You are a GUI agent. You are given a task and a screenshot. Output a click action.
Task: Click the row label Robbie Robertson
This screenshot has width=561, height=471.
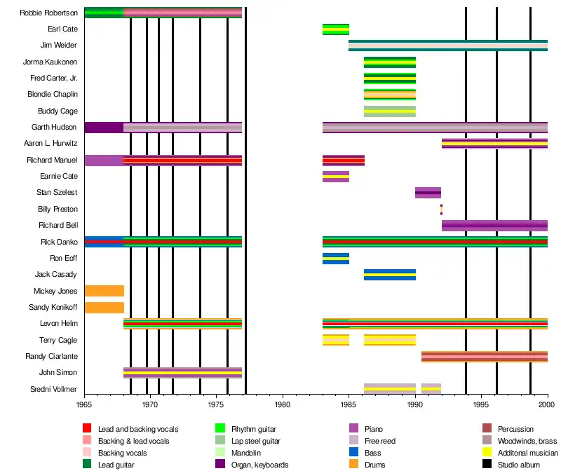[x=49, y=13]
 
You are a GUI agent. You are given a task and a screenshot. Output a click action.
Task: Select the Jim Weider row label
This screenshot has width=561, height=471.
[x=59, y=46]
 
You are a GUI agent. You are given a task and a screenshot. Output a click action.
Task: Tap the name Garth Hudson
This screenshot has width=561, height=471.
[x=55, y=128]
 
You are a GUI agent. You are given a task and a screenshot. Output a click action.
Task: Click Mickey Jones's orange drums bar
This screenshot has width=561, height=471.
[x=104, y=291]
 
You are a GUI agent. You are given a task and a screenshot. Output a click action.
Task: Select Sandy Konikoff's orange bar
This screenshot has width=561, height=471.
[x=104, y=307]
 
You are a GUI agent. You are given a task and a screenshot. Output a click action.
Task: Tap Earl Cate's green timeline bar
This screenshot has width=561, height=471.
[x=335, y=29]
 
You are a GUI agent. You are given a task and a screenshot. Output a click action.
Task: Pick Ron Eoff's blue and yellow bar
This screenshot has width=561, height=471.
[x=335, y=259]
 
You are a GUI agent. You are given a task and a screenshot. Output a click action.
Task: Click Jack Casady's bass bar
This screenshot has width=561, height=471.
[x=389, y=275]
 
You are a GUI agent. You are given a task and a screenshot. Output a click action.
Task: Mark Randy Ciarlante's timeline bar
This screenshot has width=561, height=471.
[x=484, y=357]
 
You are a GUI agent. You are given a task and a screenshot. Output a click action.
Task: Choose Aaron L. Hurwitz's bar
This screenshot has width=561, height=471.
[x=494, y=144]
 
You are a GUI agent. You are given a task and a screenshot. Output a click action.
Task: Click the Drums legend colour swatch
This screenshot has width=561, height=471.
[x=353, y=464]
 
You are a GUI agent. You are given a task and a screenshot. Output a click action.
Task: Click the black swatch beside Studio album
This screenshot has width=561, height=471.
[x=487, y=464]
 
